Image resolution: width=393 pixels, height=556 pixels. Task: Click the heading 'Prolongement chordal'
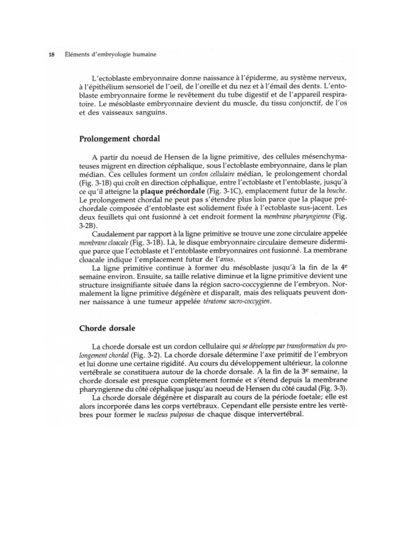(119, 139)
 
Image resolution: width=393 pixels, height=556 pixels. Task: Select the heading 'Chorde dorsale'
(107, 328)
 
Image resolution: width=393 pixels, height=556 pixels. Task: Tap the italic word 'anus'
(229, 260)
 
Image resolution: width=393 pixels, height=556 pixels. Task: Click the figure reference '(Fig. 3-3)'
(336, 388)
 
